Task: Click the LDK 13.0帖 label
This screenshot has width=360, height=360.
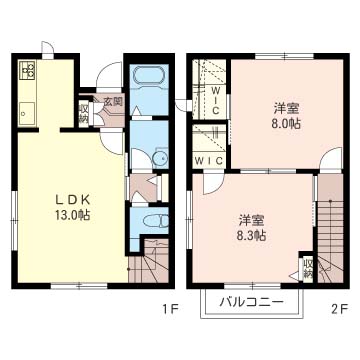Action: click(72, 207)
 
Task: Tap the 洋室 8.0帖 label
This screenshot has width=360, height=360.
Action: click(287, 116)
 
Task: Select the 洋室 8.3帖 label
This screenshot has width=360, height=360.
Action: click(252, 228)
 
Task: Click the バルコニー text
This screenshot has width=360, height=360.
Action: click(252, 302)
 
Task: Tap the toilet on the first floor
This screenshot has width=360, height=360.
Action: click(156, 221)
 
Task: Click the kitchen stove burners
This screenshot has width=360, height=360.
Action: click(27, 70)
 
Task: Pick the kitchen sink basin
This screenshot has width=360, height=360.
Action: click(27, 113)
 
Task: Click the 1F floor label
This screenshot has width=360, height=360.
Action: click(172, 309)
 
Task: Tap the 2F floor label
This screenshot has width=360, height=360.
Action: click(340, 309)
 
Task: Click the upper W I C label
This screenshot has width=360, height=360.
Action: click(215, 100)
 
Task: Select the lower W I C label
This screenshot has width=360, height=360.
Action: click(209, 161)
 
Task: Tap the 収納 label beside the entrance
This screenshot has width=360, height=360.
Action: click(83, 113)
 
